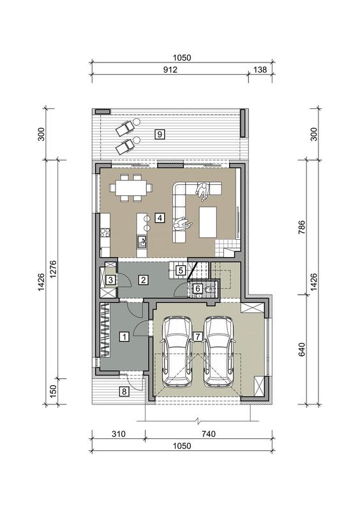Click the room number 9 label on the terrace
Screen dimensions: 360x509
pyautogui.click(x=160, y=134)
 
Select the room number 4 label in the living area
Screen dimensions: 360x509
pyautogui.click(x=160, y=218)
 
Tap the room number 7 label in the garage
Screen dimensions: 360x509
pyautogui.click(x=197, y=336)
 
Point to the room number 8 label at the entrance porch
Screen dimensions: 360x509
pyautogui.click(x=124, y=392)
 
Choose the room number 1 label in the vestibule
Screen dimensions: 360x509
pyautogui.click(x=124, y=337)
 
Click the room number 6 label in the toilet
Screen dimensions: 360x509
pyautogui.click(x=197, y=288)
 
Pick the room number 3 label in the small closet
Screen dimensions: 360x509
pyautogui.click(x=110, y=280)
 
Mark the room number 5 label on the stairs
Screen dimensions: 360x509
pyautogui.click(x=181, y=270)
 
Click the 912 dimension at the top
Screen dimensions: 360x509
pyautogui.click(x=170, y=70)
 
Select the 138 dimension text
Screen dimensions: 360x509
pyautogui.click(x=260, y=70)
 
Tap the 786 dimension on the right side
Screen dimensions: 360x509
pyautogui.click(x=302, y=227)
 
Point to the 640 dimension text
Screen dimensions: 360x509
pyautogui.click(x=302, y=350)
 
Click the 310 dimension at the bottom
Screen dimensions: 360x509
pyautogui.click(x=118, y=434)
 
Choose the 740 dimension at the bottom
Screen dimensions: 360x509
pyautogui.click(x=208, y=434)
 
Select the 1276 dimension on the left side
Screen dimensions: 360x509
pyautogui.click(x=53, y=269)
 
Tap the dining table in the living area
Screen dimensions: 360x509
pyautogui.click(x=131, y=188)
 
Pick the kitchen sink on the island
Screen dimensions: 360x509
pyautogui.click(x=142, y=242)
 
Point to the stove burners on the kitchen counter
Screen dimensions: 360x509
pyautogui.click(x=105, y=232)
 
